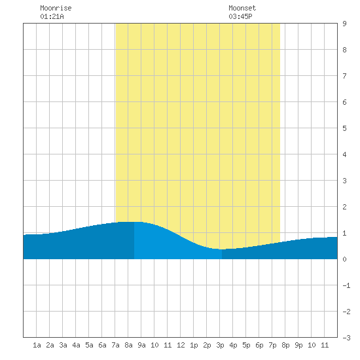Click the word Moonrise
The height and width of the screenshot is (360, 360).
click(56, 8)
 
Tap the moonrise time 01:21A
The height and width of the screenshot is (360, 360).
click(52, 16)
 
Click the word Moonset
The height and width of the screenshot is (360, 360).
click(242, 8)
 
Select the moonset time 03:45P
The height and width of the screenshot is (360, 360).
click(240, 16)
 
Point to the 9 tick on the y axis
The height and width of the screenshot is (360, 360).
click(344, 24)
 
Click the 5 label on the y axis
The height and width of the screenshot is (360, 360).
click(344, 128)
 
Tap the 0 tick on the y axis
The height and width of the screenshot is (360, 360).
click(344, 259)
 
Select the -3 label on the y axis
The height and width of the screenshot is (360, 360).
click(346, 338)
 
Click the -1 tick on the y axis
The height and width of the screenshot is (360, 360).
click(346, 285)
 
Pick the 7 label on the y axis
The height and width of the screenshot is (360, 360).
click(344, 76)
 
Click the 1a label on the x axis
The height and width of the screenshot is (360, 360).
click(37, 345)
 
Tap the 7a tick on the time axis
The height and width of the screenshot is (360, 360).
click(115, 345)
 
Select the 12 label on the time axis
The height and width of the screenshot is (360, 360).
click(181, 345)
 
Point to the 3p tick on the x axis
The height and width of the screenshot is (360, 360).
click(220, 345)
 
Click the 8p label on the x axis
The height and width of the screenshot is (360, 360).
click(285, 345)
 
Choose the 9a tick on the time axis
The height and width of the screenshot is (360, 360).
click(141, 345)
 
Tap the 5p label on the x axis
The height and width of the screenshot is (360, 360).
click(246, 345)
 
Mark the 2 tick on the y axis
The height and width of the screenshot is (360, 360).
click(344, 207)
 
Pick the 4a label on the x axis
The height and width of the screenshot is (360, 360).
click(76, 345)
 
